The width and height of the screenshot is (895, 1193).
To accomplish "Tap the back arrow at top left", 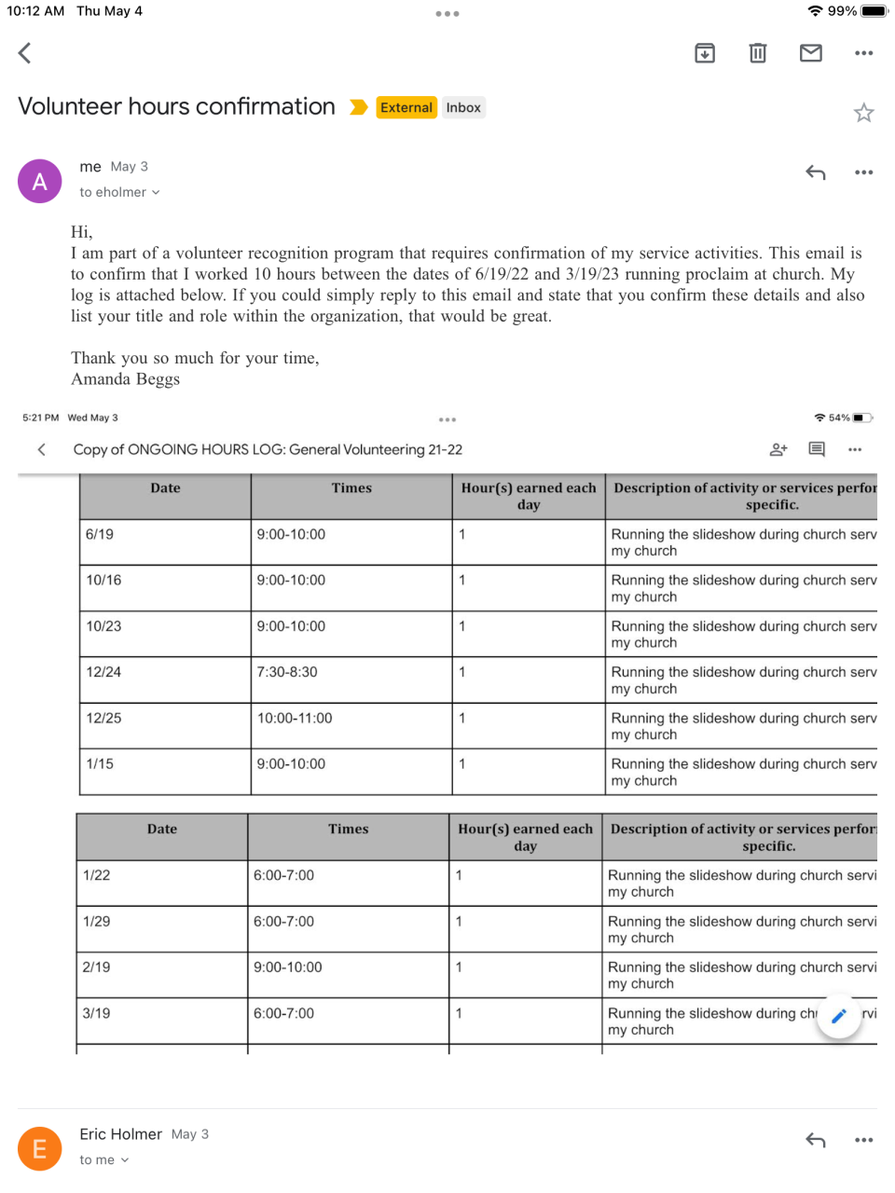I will point(25,53).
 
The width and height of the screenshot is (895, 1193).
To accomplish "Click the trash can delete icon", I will point(758,53).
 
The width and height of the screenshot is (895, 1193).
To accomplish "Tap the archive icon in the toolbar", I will point(705,53).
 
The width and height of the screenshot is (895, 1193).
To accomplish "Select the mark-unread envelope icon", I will point(811,53).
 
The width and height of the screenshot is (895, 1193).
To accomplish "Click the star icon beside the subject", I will point(863,113).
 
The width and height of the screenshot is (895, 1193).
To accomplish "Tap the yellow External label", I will point(406,107).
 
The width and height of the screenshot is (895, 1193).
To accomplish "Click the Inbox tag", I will point(463,107).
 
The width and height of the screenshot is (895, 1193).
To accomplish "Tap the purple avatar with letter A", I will point(40,181).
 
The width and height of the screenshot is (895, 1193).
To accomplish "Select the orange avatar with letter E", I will point(40,1148).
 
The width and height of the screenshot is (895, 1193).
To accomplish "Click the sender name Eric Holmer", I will point(121,1134).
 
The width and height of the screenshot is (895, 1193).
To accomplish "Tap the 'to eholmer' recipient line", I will point(119,192).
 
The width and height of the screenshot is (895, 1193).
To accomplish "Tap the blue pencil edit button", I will point(839,1016).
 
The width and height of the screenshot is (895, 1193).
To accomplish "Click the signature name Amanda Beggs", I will point(126,379).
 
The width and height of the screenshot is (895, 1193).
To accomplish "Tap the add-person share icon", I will point(778,449).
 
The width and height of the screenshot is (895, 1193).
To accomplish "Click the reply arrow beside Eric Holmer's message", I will point(816,1140).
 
